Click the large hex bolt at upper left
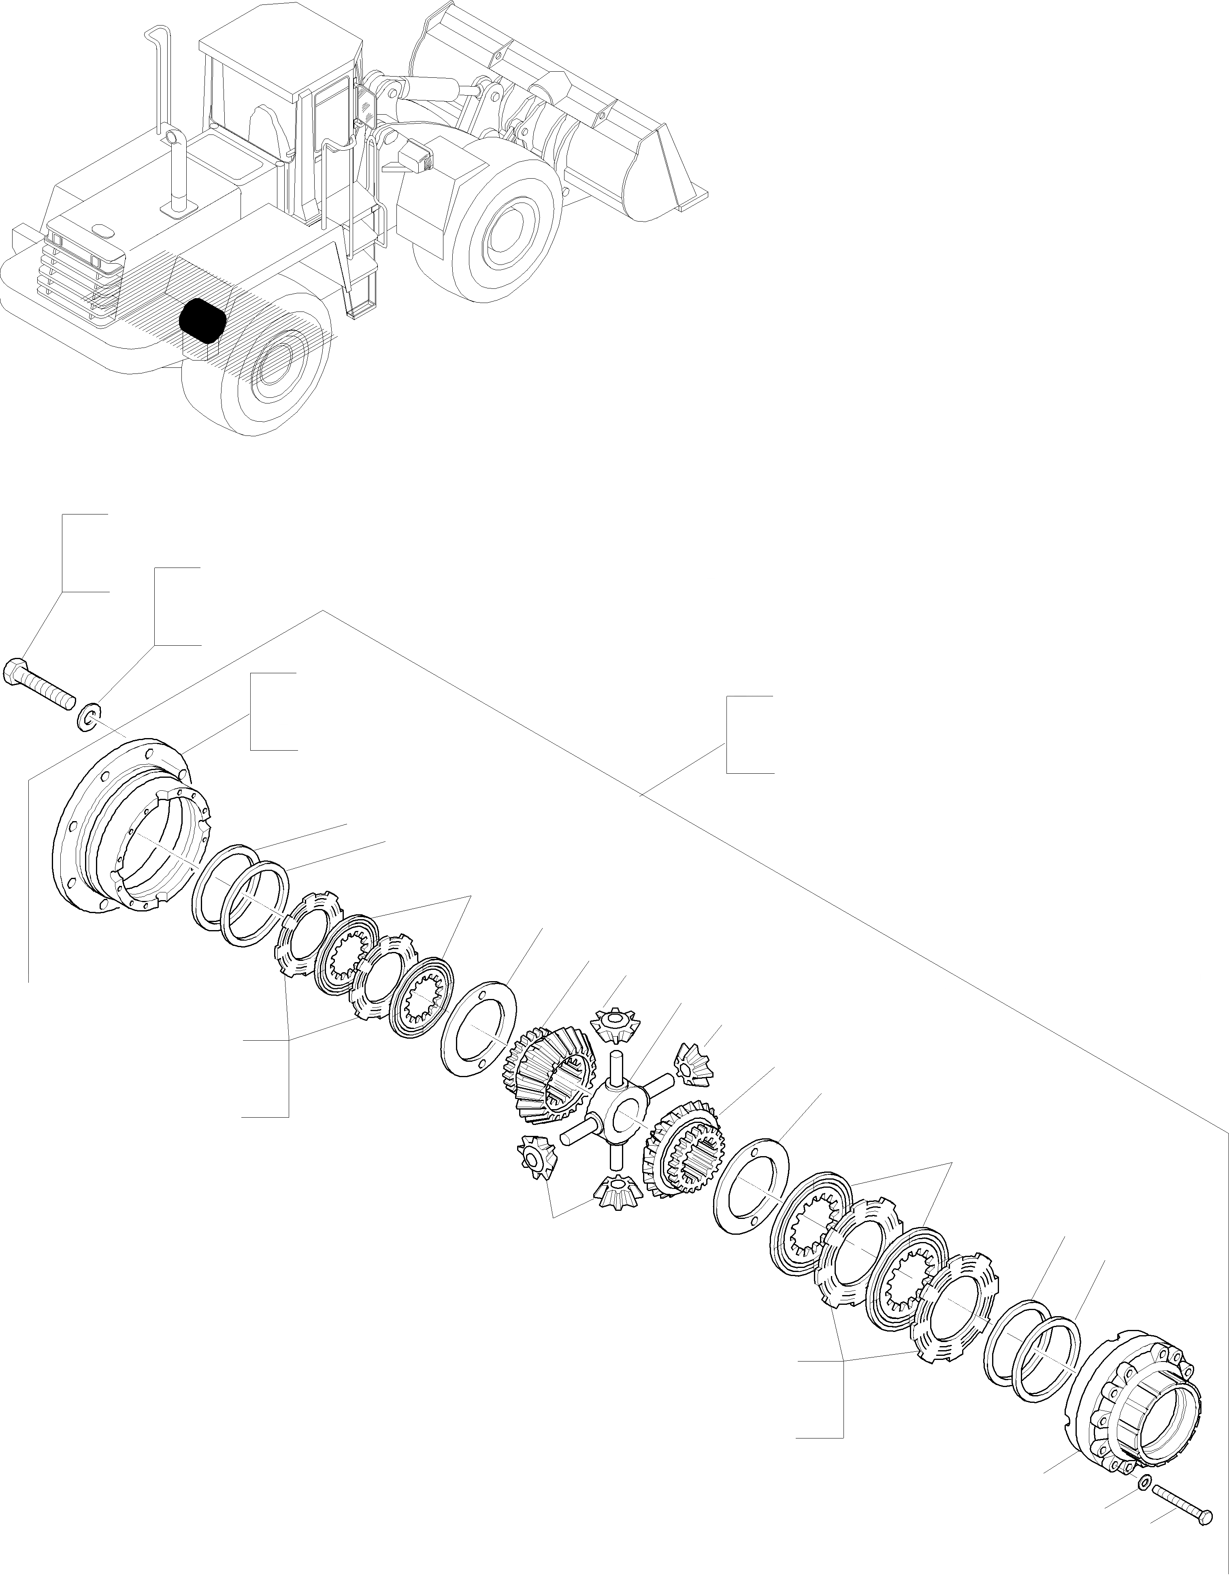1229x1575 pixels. click(40, 681)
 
